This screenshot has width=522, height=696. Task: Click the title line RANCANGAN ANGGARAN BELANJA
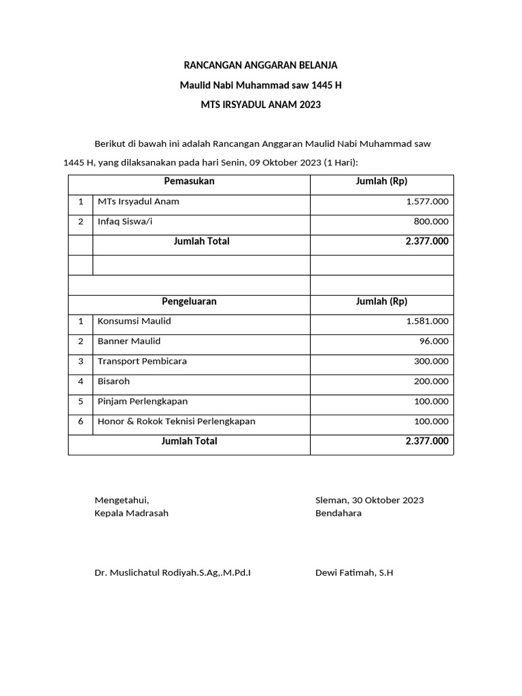pyautogui.click(x=260, y=65)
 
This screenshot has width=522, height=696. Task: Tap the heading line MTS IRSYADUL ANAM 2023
pyautogui.click(x=260, y=105)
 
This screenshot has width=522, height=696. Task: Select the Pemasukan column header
pyautogui.click(x=189, y=181)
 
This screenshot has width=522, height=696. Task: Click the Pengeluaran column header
pyautogui.click(x=189, y=302)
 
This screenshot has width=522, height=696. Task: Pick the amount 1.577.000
pyautogui.click(x=427, y=202)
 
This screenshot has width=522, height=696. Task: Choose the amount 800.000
pyautogui.click(x=431, y=222)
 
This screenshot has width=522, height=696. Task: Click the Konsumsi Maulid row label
pyautogui.click(x=134, y=321)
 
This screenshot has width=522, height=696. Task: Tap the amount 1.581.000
pyautogui.click(x=427, y=321)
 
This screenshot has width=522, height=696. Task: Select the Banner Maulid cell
pyautogui.click(x=129, y=341)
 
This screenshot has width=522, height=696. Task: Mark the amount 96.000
pyautogui.click(x=434, y=341)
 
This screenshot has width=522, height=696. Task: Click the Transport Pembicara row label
pyautogui.click(x=142, y=362)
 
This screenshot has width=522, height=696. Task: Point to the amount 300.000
pyautogui.click(x=431, y=362)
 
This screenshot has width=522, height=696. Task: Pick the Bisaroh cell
pyautogui.click(x=114, y=381)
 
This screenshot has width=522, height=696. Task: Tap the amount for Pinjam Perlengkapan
pyautogui.click(x=431, y=402)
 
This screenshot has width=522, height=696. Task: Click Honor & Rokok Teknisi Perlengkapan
pyautogui.click(x=177, y=421)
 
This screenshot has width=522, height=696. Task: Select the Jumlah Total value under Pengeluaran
pyautogui.click(x=427, y=441)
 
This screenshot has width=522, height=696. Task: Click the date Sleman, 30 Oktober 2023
pyautogui.click(x=369, y=500)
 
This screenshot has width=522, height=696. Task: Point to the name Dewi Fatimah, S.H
pyautogui.click(x=354, y=573)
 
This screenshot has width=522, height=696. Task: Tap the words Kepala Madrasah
pyautogui.click(x=131, y=513)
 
